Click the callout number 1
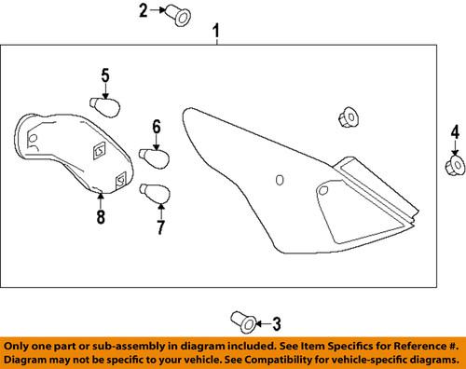coord(216,32)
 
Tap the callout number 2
coord(144,10)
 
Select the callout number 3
coord(277,323)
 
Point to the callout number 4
coord(455,133)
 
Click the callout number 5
coord(105,75)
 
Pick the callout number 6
coord(157,128)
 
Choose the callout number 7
coord(160,227)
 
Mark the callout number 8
coord(101,216)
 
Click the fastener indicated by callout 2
coord(177,15)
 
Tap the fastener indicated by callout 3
coord(244,322)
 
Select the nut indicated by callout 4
coord(455,167)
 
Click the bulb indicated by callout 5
coord(104,107)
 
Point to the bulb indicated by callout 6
coord(154,158)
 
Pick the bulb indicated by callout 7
coord(155,193)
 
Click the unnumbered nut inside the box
coord(348,117)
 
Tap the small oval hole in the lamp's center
coord(280,180)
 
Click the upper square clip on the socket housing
coord(100,151)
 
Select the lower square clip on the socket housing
coord(120,180)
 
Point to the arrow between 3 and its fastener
coord(264,324)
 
